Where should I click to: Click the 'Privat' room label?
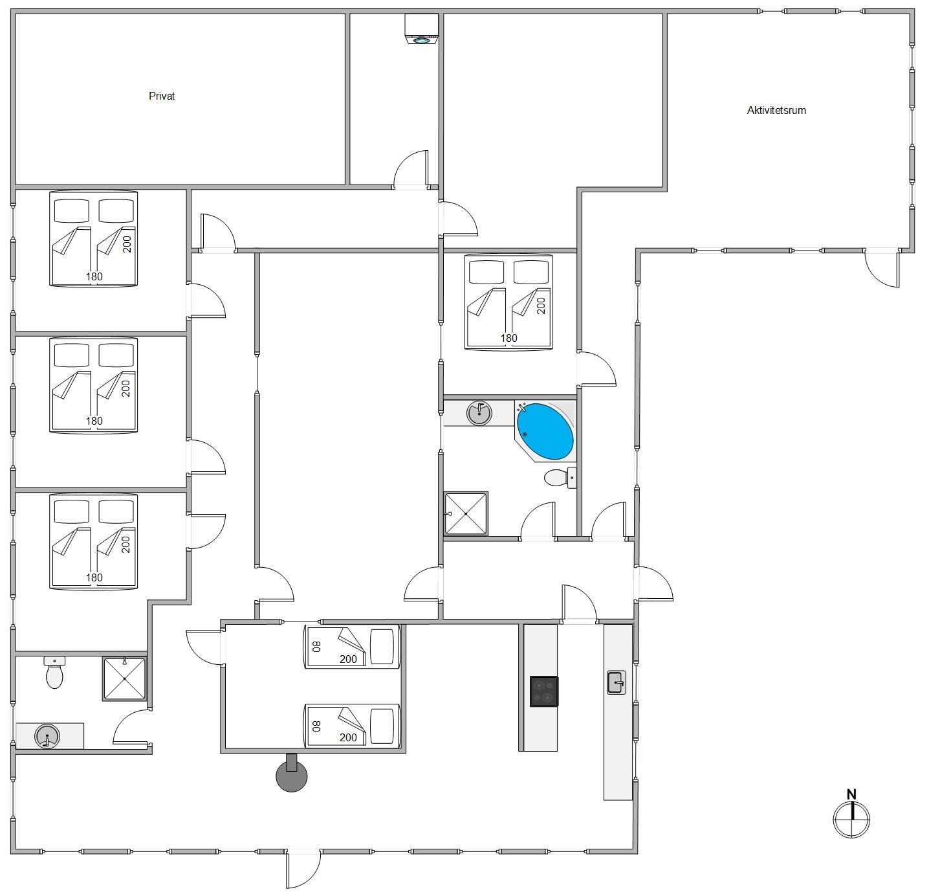coord(162,96)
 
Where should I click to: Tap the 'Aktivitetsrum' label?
coord(776,110)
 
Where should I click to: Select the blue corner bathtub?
coord(545,431)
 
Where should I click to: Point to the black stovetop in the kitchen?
coord(544,691)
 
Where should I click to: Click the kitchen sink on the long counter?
coord(617,682)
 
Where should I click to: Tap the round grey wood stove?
coord(292,776)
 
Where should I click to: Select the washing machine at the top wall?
coord(421,29)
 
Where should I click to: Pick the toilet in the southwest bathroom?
coord(55,674)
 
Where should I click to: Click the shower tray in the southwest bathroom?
coord(124,678)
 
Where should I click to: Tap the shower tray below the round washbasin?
coord(466,513)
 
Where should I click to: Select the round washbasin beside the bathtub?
coord(479,412)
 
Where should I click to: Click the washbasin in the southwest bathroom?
coord(47,736)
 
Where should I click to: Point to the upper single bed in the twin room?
coord(352,646)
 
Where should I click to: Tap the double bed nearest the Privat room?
coord(94,238)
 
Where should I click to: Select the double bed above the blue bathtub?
coord(508,302)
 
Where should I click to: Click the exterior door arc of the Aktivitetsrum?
coord(882,268)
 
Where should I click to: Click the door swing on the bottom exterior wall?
coord(303,869)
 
